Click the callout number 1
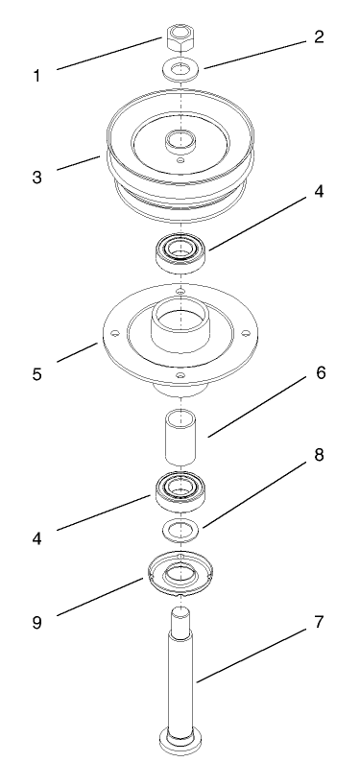tap(36, 74)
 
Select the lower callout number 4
tap(36, 538)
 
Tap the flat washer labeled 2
tap(181, 69)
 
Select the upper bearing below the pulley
tap(181, 252)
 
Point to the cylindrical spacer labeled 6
tap(181, 441)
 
